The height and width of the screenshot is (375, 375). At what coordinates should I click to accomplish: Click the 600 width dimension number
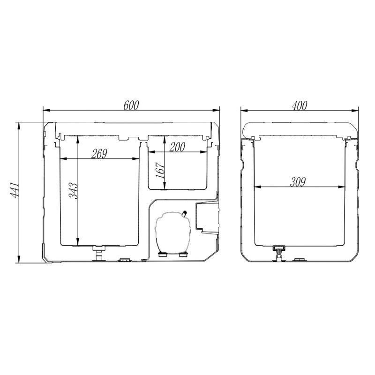coord(131,105)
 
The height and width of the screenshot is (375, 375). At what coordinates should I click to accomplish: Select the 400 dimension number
coord(300,105)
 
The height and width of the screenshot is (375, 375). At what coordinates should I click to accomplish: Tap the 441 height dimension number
coord(14,190)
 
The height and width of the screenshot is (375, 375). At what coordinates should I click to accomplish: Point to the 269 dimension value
coord(99,154)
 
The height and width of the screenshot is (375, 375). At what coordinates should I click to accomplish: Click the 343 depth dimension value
coord(73,191)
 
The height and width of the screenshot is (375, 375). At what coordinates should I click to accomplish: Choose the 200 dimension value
coord(177,147)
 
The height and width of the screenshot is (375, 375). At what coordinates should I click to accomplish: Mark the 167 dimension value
coord(160,170)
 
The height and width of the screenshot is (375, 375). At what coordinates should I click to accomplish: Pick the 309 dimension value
coord(298,182)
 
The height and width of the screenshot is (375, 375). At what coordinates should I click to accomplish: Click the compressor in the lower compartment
coord(173,233)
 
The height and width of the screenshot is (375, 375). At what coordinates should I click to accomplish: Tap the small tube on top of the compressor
coord(184,214)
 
